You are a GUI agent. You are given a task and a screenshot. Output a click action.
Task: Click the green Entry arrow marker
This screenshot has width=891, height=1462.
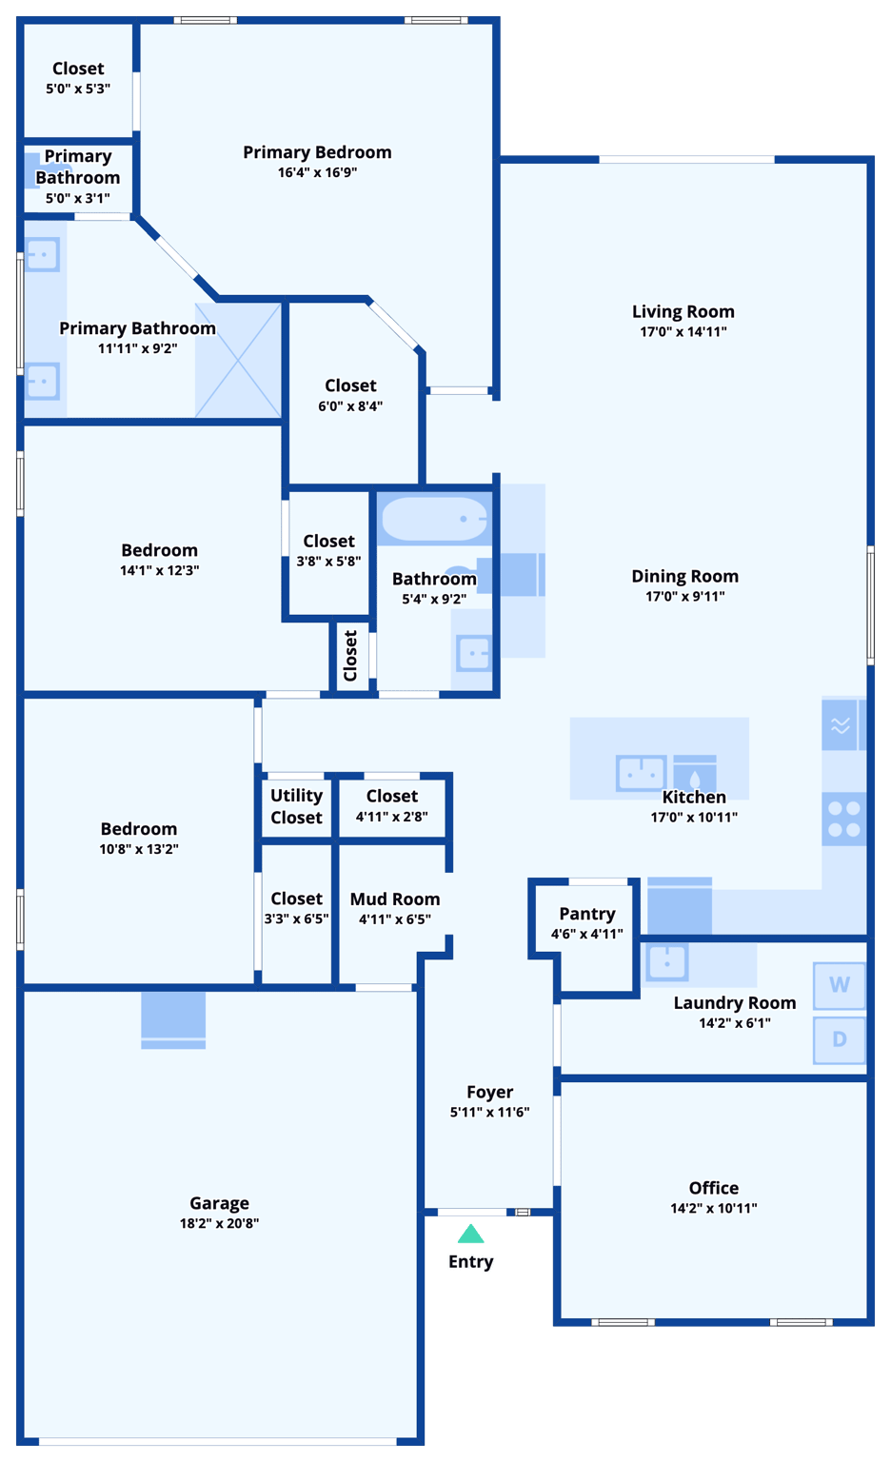(470, 1235)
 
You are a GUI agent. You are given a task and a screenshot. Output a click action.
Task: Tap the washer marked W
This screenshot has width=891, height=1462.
(839, 985)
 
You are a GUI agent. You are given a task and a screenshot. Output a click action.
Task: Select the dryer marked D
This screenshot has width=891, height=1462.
(839, 1038)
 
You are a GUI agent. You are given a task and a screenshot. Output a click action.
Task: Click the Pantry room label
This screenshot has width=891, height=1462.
(586, 914)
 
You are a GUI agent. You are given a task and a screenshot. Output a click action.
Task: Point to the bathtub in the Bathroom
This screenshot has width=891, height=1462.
(434, 520)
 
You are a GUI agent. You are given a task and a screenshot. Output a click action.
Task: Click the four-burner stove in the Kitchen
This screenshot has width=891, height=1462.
(843, 819)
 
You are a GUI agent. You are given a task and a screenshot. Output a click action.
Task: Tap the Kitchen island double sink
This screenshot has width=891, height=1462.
(641, 772)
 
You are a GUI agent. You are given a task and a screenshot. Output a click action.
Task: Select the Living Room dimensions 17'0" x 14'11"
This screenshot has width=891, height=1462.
(683, 332)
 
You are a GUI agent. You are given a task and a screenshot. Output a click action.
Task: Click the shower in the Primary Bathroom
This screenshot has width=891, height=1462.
(238, 361)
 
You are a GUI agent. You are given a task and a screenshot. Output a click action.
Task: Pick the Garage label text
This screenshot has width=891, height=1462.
(219, 1203)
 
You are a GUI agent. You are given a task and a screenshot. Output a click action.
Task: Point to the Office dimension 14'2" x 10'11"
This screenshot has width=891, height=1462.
(713, 1209)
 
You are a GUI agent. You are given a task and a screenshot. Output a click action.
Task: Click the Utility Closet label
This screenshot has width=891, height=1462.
(296, 806)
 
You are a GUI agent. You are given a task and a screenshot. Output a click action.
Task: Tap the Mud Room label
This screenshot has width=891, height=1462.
(395, 899)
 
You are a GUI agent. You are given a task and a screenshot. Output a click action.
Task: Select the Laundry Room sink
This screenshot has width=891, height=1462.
(667, 962)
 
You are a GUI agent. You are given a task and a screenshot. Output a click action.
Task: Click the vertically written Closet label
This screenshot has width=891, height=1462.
(350, 656)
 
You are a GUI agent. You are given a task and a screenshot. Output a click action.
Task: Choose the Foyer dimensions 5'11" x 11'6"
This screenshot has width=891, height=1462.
(489, 1113)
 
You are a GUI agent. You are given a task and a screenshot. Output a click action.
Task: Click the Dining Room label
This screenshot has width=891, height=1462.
(684, 576)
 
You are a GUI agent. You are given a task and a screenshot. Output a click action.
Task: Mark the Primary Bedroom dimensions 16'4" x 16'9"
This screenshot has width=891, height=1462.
(317, 173)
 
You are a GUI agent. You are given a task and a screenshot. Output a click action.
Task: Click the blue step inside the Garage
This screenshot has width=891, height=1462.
(173, 1019)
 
